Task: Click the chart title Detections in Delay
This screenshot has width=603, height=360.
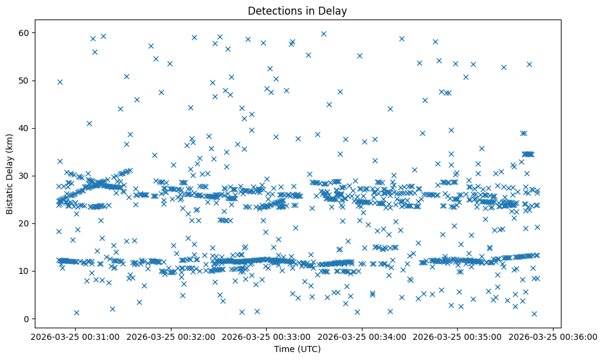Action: click(297, 10)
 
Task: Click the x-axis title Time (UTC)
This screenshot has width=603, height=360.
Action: click(297, 349)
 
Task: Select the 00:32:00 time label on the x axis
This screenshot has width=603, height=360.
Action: click(171, 336)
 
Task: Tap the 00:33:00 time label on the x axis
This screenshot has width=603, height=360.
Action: click(267, 336)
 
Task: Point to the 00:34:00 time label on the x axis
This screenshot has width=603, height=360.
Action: click(362, 336)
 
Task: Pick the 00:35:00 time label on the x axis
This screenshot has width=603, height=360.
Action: click(458, 336)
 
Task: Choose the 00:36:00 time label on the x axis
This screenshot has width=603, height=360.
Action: click(553, 336)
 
